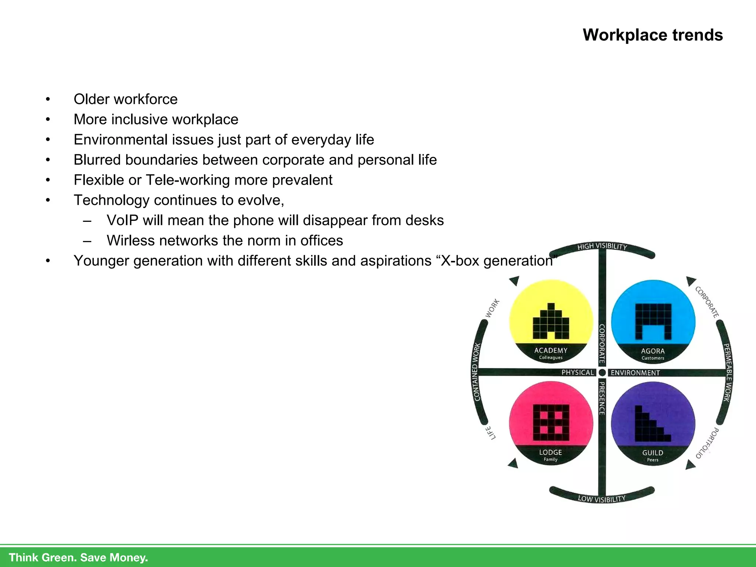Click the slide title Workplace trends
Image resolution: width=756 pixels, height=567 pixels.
point(652,35)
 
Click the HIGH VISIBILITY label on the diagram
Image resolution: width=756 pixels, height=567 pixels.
point(602,246)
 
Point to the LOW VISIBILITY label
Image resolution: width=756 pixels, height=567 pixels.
point(602,499)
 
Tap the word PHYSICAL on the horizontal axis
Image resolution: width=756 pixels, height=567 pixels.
point(578,372)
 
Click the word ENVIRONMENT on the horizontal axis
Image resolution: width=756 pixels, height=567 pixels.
point(635,373)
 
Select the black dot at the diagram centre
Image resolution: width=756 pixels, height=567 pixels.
point(602,372)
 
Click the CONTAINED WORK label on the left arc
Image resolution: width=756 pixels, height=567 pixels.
point(477,372)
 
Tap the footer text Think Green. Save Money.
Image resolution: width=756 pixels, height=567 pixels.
point(78,557)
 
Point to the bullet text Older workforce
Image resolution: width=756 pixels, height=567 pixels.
point(126,99)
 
